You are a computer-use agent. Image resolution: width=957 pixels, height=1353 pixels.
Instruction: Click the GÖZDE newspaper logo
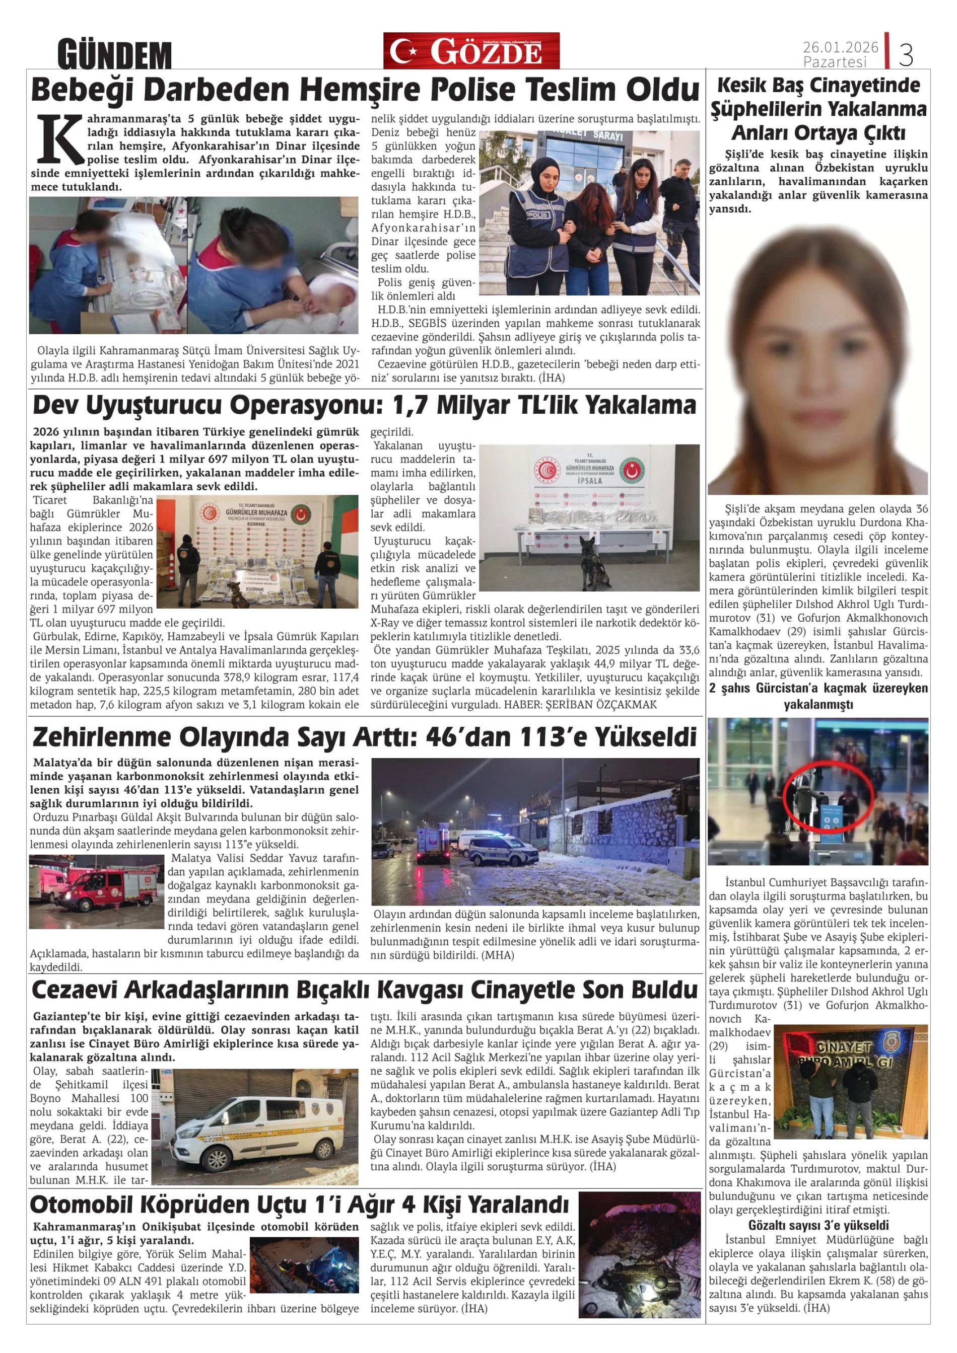click(471, 51)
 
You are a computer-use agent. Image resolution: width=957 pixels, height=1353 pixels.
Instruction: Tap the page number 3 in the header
click(906, 55)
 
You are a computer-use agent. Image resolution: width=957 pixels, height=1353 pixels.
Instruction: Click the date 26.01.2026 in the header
click(840, 46)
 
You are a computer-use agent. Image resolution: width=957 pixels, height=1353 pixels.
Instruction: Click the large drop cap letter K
click(59, 139)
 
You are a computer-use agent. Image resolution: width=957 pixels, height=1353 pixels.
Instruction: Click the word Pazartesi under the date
click(835, 62)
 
